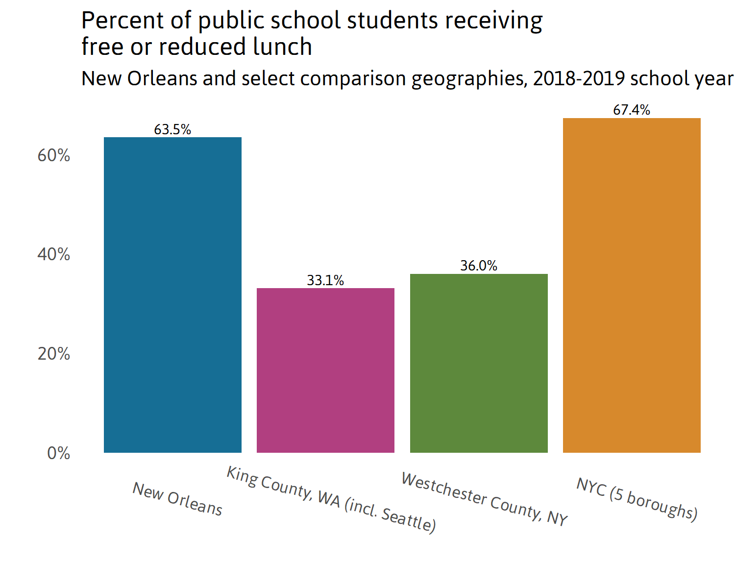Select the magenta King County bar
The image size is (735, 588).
pos(325,370)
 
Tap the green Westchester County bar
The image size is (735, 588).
pos(479,363)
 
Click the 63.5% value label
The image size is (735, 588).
pos(172,129)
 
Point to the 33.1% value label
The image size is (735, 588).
pos(325,280)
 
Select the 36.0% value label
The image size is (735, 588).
pos(479,266)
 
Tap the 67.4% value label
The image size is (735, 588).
pos(632,110)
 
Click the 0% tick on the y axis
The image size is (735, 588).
pos(58,453)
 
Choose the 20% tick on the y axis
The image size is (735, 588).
pos(54,354)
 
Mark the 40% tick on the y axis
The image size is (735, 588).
pos(54,254)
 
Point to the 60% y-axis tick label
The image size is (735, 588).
pos(54,155)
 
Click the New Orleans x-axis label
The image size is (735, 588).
pos(177,499)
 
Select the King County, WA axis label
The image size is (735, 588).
pos(331,500)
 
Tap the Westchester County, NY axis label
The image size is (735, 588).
pos(484,499)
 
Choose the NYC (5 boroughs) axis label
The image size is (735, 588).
pos(637,498)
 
